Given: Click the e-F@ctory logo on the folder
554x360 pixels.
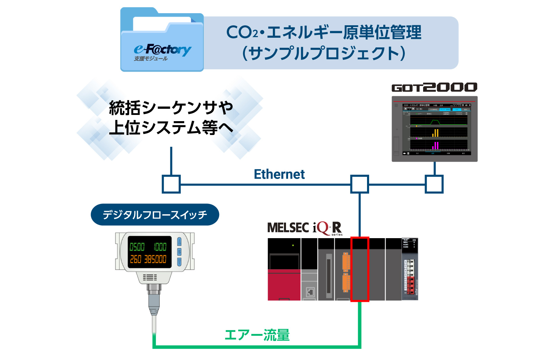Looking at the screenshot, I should pyautogui.click(x=162, y=50).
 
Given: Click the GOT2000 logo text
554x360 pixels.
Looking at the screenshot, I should pyautogui.click(x=434, y=87).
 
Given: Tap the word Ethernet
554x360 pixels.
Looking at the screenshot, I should pyautogui.click(x=279, y=174).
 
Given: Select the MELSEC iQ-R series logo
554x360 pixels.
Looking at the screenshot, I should pyautogui.click(x=305, y=228).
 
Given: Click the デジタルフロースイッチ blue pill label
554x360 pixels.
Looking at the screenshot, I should pyautogui.click(x=155, y=215).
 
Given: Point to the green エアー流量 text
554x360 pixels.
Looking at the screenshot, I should pyautogui.click(x=257, y=335).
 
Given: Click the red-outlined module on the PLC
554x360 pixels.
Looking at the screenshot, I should pyautogui.click(x=360, y=269).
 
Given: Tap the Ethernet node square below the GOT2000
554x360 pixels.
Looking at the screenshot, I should pyautogui.click(x=434, y=184).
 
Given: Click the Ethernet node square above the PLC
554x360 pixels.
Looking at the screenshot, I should pyautogui.click(x=359, y=184).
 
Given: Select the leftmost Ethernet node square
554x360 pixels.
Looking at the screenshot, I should pyautogui.click(x=171, y=184).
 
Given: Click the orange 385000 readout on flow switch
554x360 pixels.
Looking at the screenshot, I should pyautogui.click(x=155, y=259).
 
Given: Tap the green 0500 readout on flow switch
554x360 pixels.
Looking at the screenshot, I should pyautogui.click(x=137, y=247).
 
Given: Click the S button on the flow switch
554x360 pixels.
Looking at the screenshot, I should pyautogui.click(x=179, y=252).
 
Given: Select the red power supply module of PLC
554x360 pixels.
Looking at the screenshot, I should pyautogui.click(x=284, y=284).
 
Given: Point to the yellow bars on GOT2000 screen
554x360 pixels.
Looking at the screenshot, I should pyautogui.click(x=436, y=133).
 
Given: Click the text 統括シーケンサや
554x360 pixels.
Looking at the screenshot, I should pyautogui.click(x=171, y=108).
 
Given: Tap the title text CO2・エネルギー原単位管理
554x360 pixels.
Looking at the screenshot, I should pyautogui.click(x=324, y=32).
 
